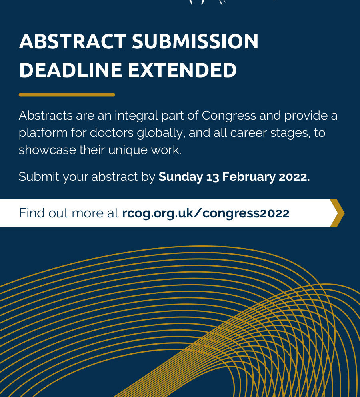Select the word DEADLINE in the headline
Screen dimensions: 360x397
tap(70, 70)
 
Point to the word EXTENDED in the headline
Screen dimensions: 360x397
tap(182, 70)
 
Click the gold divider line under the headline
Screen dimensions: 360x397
tap(67, 95)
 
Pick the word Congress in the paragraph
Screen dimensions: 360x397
tap(229, 116)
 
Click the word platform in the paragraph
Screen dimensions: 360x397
tap(43, 133)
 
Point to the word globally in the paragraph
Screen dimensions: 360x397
tap(160, 133)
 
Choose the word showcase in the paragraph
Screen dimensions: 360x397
tap(47, 150)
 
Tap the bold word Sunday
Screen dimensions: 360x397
tap(181, 177)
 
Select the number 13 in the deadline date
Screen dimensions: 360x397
tap(212, 177)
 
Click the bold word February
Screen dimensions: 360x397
tap(249, 177)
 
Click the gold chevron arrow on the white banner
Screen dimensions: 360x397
tap(337, 213)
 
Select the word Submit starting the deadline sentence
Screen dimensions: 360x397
tap(39, 176)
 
